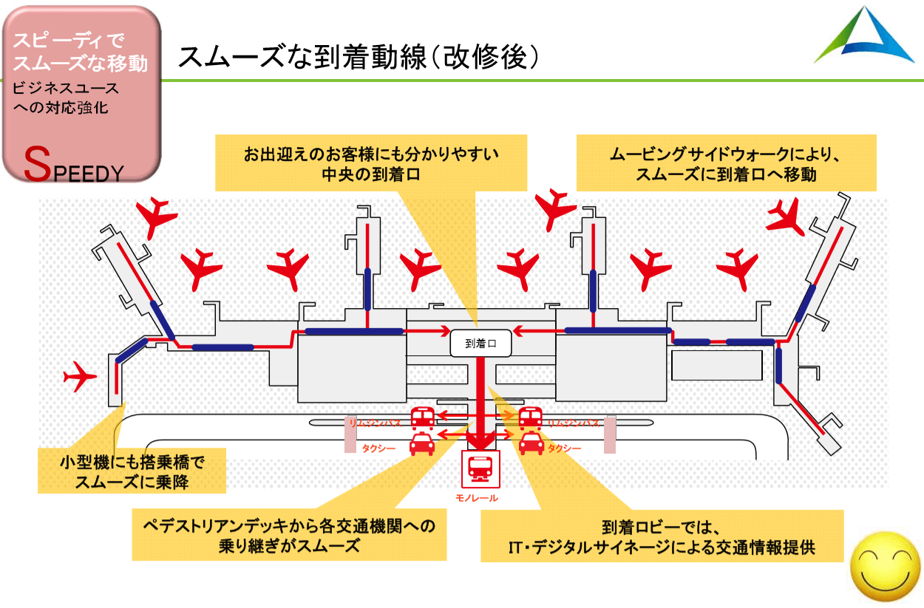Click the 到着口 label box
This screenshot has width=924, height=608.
tap(480, 344)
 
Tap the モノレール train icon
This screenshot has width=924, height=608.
tap(480, 468)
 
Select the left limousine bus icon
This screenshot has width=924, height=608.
tap(422, 418)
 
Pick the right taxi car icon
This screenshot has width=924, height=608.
tap(531, 443)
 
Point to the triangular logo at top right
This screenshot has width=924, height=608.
tap(864, 37)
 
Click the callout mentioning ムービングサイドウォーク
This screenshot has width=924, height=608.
tap(726, 163)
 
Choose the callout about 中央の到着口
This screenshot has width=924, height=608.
tap(371, 163)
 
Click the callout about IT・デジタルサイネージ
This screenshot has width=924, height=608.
tap(662, 536)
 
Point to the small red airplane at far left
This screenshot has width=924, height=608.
tap(80, 377)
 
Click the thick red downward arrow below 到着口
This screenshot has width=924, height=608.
tap(481, 403)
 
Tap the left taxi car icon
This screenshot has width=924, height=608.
tap(422, 445)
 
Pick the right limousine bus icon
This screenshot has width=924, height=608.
tap(530, 418)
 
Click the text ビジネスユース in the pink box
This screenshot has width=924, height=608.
tap(67, 89)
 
